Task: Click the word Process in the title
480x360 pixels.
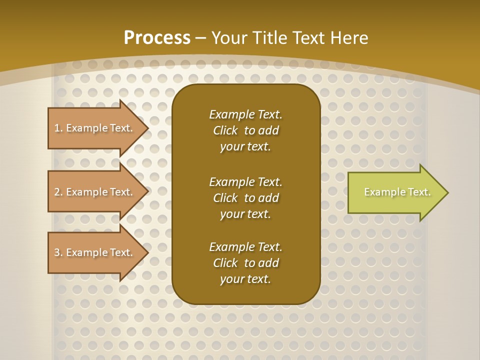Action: point(157,37)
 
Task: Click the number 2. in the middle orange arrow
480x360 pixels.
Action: point(58,192)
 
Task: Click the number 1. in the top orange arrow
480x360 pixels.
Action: point(58,128)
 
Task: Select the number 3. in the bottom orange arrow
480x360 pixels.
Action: point(58,252)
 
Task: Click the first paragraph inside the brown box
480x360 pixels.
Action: point(245,130)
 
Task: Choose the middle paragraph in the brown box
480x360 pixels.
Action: point(245,198)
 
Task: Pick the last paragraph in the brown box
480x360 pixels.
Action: point(245,263)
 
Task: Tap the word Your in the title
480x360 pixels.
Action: point(228,37)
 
